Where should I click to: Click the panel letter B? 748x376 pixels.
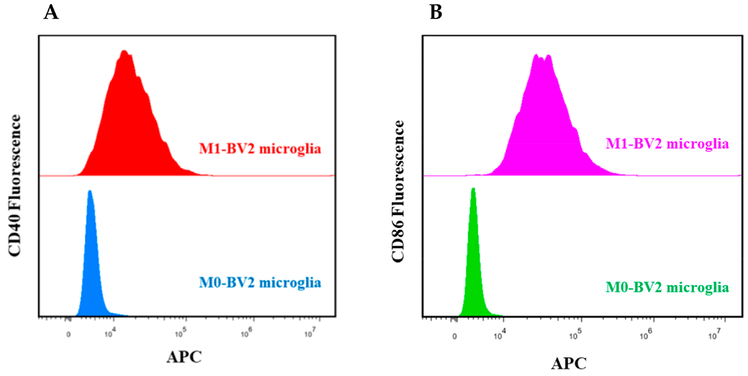(436, 13)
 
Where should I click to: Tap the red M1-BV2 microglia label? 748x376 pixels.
(260, 149)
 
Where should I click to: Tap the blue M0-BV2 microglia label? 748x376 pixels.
(260, 283)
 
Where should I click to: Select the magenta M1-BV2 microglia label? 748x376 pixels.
(667, 144)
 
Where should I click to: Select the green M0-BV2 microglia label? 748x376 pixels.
(667, 287)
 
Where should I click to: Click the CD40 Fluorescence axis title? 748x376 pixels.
(15, 186)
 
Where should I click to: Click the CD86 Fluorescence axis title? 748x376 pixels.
(398, 191)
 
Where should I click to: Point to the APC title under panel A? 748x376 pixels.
(184, 357)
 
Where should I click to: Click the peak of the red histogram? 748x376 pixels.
(124, 52)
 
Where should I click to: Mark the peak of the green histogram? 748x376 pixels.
(473, 189)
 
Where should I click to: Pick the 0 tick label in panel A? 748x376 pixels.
(68, 334)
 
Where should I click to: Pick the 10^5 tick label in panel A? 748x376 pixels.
(180, 333)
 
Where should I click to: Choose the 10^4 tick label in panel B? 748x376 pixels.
(500, 335)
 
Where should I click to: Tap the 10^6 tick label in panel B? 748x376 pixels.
(646, 335)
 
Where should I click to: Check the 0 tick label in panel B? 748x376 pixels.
(454, 336)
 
